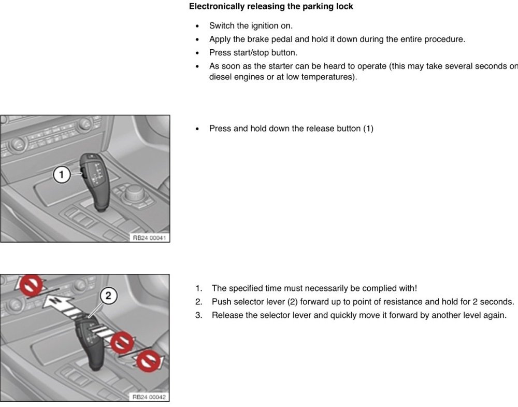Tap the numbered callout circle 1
(62, 175)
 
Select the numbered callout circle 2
(108, 296)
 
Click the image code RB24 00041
(150, 237)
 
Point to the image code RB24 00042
(150, 397)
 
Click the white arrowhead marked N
(52, 301)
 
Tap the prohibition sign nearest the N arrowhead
(31, 285)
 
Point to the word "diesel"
(220, 77)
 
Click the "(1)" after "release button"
(368, 128)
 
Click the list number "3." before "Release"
(198, 315)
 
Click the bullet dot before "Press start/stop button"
(197, 52)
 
